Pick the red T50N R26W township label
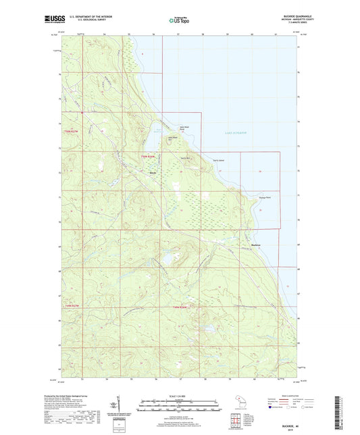click(147, 157)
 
